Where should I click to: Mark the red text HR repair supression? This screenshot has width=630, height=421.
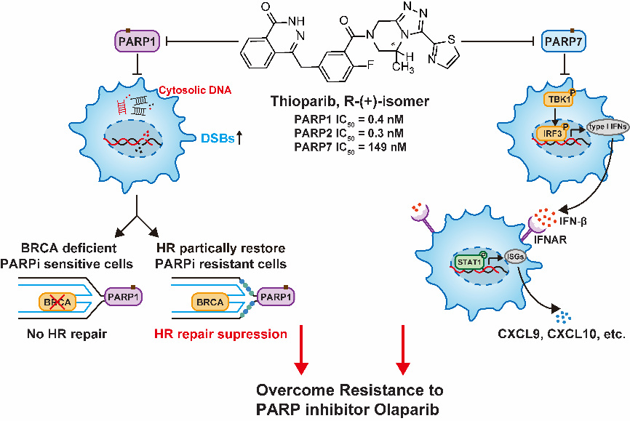click(x=221, y=334)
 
